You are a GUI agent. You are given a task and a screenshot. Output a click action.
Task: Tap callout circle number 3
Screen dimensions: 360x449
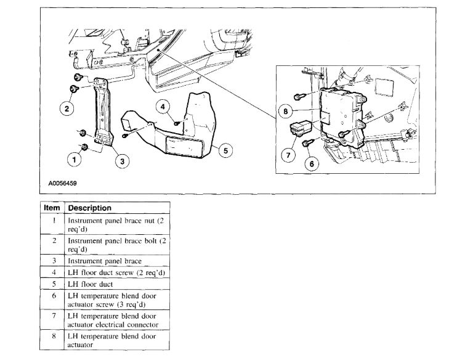(x=122, y=161)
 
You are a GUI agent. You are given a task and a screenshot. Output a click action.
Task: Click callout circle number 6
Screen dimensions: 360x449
(x=311, y=163)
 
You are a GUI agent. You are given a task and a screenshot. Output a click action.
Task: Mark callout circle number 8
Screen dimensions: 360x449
(x=285, y=112)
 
